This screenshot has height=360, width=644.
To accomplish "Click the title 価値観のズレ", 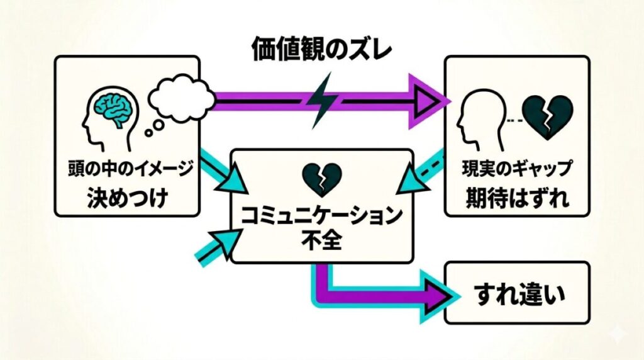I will tap(321, 48).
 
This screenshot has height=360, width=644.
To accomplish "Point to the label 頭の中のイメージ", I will tap(130, 170).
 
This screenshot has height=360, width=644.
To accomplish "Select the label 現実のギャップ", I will tap(517, 169).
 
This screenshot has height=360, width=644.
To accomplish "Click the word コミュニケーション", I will tap(322, 217).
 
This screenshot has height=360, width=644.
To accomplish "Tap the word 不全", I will tap(322, 241).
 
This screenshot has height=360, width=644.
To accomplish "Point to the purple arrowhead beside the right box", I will tap(434, 99).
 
